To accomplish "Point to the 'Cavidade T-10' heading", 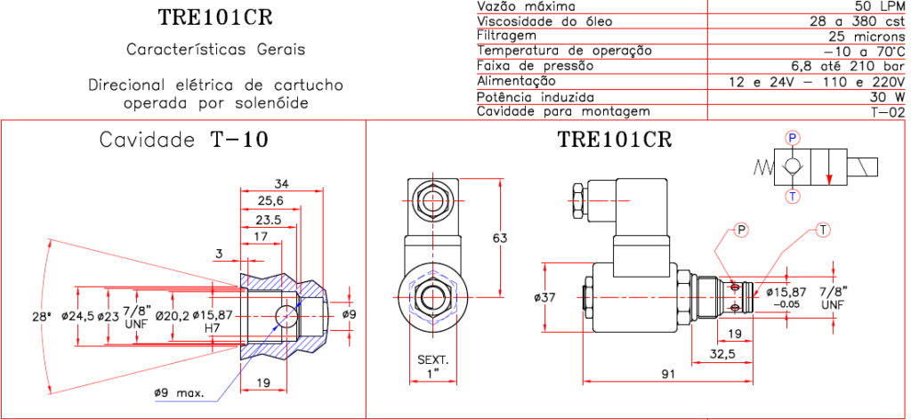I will [183, 140].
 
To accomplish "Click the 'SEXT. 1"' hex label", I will [434, 366].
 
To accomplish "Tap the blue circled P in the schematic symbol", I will [793, 136].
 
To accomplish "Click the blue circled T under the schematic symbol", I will [793, 195].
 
